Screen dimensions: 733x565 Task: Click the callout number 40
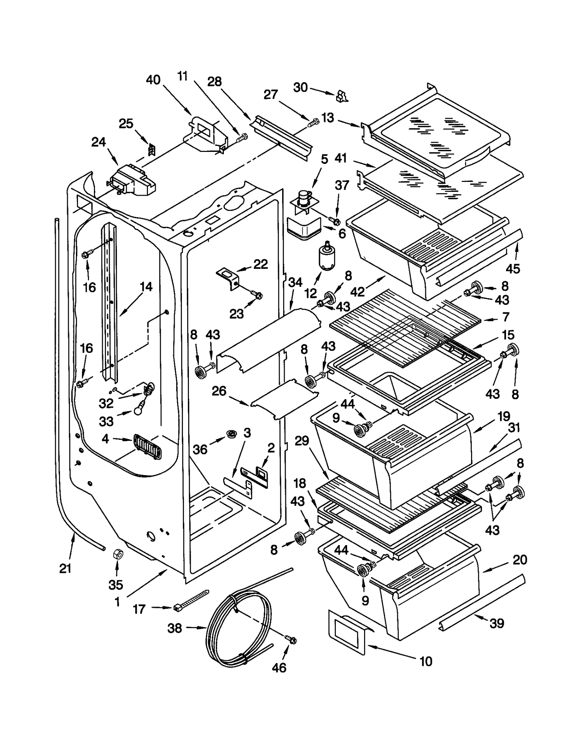click(153, 80)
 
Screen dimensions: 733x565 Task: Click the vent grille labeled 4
click(147, 447)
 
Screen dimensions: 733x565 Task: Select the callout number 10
click(426, 661)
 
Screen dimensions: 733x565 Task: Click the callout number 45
click(512, 268)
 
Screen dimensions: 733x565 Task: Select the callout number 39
click(496, 623)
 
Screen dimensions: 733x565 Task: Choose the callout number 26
click(219, 391)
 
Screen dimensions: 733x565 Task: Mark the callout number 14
click(146, 286)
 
